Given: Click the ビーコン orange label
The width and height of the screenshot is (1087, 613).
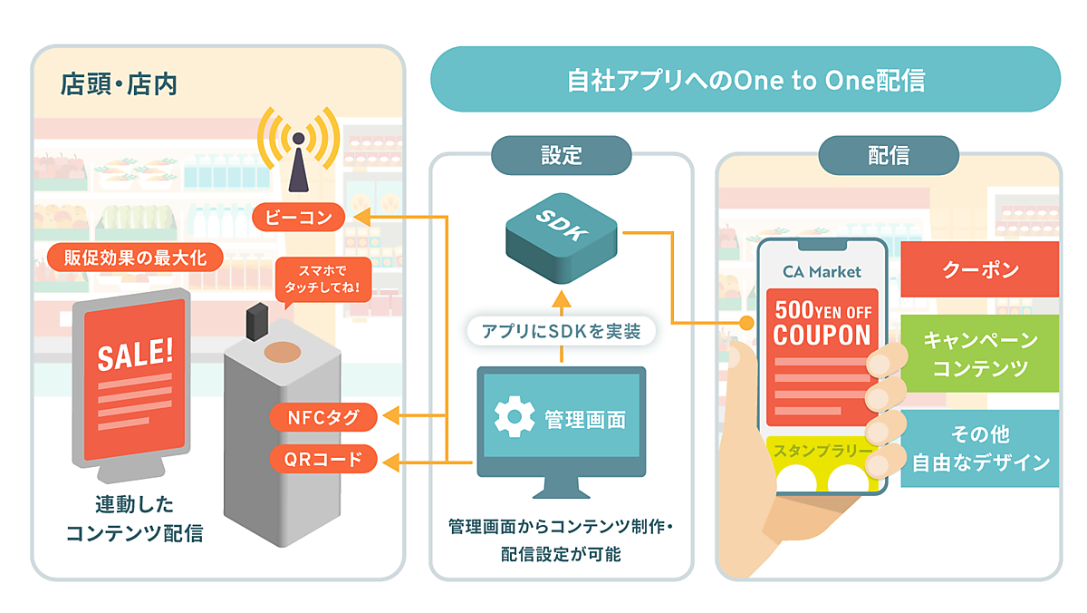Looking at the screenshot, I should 299,218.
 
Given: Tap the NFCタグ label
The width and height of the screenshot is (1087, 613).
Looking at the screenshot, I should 323,417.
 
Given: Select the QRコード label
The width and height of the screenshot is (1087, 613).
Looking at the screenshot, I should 323,460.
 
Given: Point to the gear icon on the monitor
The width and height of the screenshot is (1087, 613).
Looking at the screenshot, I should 514,418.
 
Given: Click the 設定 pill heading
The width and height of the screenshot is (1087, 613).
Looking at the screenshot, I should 561,155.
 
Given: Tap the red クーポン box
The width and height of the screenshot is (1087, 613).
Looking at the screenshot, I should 980,269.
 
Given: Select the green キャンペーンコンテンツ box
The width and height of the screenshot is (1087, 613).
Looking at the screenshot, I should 980,354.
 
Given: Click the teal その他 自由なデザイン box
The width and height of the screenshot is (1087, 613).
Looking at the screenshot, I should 980,448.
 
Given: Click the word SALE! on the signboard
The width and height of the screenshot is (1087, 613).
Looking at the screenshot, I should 134,354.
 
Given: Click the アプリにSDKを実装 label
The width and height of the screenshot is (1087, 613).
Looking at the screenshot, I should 562,331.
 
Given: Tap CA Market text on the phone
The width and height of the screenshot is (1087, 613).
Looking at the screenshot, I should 822,271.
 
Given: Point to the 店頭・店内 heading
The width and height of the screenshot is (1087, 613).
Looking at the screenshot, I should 118,85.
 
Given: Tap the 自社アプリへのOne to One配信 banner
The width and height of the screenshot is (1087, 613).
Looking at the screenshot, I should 745,80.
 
